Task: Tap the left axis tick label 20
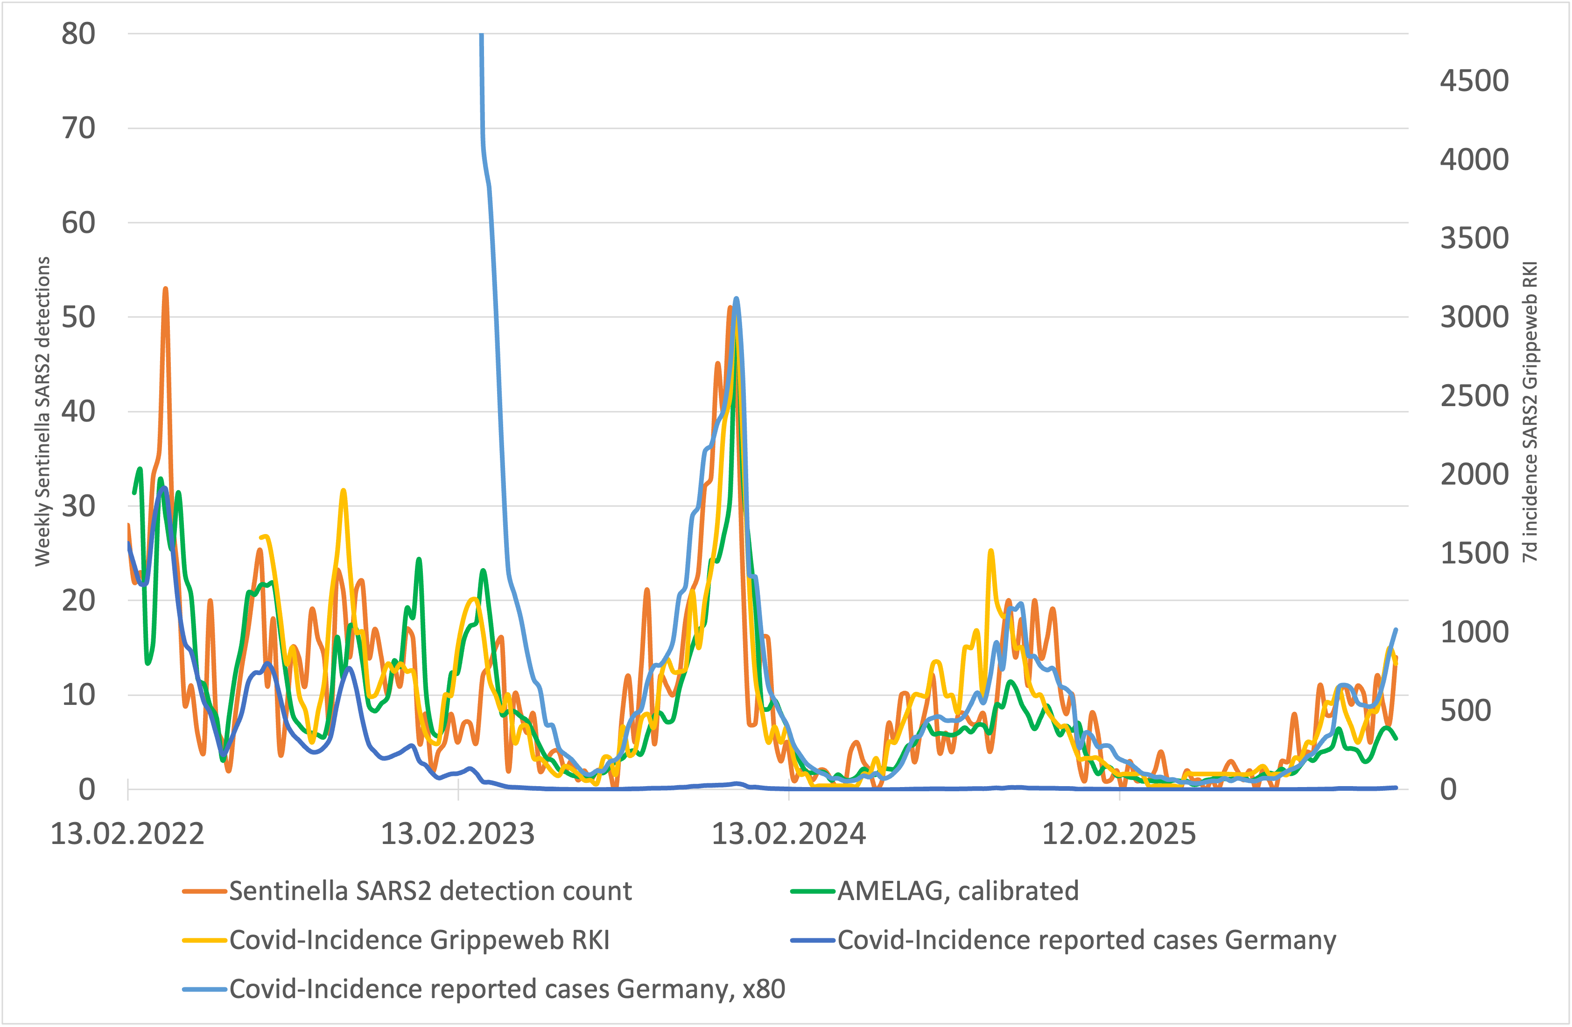(78, 600)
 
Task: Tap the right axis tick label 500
(1466, 710)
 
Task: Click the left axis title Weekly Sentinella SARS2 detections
(42, 411)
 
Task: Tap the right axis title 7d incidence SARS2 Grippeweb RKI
(1530, 411)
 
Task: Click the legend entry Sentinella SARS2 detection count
(430, 891)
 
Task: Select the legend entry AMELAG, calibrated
(958, 891)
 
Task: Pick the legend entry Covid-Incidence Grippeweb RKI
(420, 940)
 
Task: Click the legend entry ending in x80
(506, 989)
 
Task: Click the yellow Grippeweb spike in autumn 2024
(991, 551)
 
